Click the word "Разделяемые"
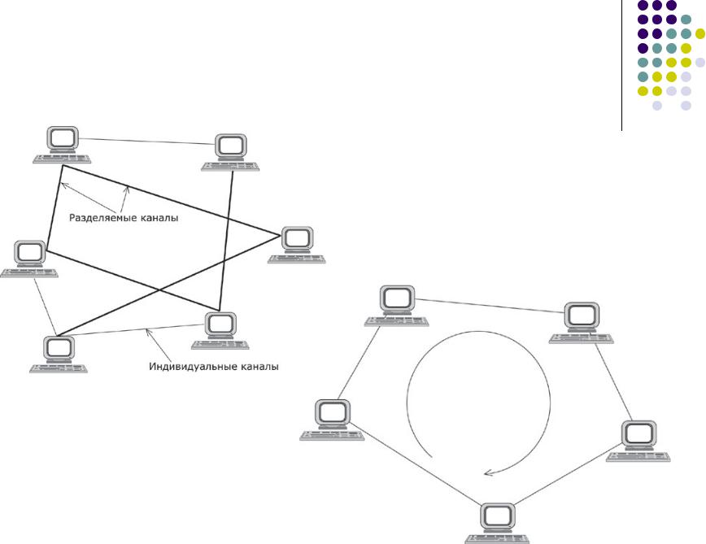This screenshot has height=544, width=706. point(103,218)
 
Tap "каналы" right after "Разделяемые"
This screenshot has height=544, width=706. point(159,218)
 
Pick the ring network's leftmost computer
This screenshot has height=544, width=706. point(332,419)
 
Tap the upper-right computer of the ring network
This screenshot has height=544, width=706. point(581,320)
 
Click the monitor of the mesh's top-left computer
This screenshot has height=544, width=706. point(62,139)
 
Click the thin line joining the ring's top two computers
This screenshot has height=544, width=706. point(488,306)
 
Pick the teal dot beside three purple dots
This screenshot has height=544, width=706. point(686,20)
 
